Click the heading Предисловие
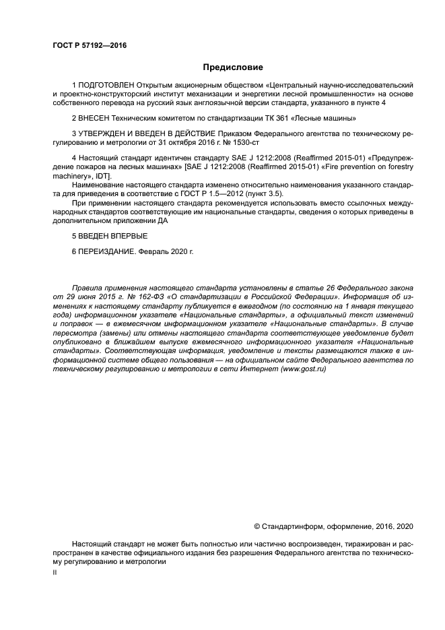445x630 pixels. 233,67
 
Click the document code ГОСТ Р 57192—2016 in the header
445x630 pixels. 90,46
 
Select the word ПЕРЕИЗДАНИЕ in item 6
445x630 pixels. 106,252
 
